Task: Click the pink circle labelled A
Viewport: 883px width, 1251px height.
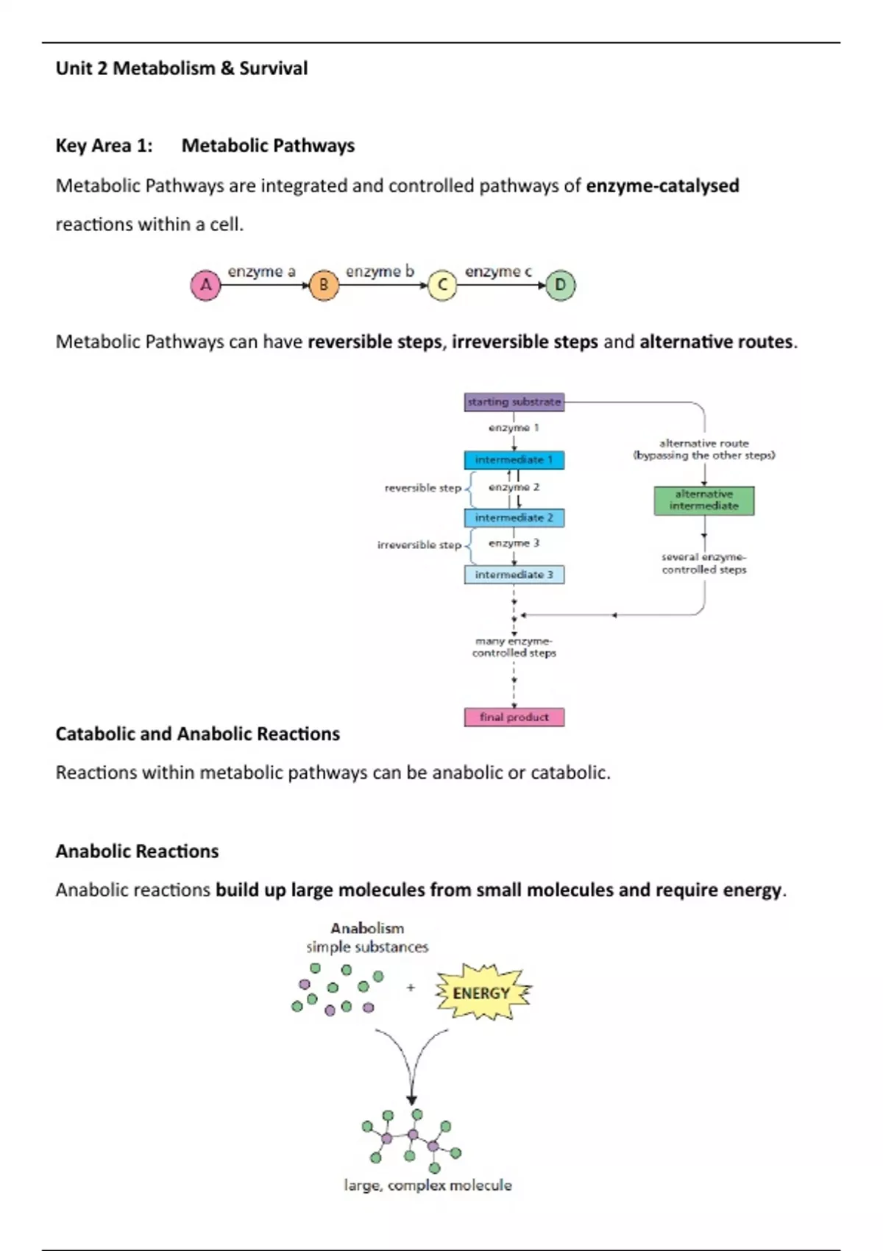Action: [x=206, y=285]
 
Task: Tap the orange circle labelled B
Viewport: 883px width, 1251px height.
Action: [x=323, y=285]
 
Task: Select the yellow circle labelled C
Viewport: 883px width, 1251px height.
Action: [x=442, y=285]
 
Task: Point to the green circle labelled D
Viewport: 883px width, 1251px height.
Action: [x=560, y=285]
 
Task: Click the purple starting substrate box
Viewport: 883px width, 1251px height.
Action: [x=514, y=402]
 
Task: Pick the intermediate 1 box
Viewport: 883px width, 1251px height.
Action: [x=514, y=460]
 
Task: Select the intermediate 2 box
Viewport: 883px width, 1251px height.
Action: [x=514, y=518]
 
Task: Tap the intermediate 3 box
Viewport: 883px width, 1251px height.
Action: [x=514, y=575]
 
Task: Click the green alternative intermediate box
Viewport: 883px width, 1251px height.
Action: [x=703, y=500]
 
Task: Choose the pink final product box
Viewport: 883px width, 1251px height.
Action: [x=514, y=717]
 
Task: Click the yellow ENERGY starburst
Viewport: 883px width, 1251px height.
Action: [x=482, y=993]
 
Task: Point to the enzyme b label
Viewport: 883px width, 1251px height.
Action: [x=380, y=272]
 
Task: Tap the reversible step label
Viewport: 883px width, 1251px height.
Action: [x=422, y=488]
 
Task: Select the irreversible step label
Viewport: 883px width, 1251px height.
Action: [x=419, y=545]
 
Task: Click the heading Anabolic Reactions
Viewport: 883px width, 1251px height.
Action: [x=137, y=851]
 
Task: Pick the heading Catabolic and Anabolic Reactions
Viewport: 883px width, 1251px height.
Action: [x=197, y=734]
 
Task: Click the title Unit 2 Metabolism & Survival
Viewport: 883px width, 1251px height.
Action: [x=182, y=68]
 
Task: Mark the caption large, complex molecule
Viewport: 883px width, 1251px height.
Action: [x=428, y=1186]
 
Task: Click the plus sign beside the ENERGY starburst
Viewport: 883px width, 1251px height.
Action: [x=411, y=988]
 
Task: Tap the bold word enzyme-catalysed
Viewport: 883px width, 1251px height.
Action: [x=662, y=185]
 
